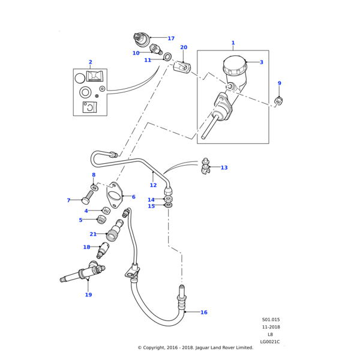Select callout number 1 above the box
[233, 43]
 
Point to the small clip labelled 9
[278, 100]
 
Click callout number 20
[184, 47]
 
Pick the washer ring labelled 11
[167, 58]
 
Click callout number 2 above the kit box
[90, 62]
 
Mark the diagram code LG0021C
[270, 342]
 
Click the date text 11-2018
[270, 327]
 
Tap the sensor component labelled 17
[142, 40]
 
